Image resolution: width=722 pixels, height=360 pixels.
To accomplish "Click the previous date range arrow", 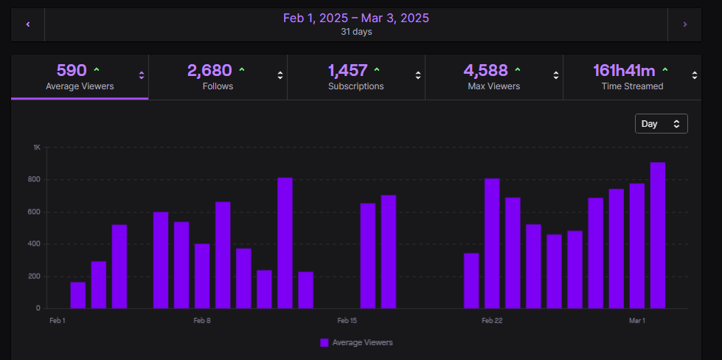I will [28, 24].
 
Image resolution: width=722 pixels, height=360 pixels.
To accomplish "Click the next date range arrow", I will [684, 24].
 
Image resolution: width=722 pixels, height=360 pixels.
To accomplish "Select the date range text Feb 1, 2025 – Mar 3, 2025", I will [356, 18].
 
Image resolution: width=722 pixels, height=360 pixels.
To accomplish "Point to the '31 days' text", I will [356, 32].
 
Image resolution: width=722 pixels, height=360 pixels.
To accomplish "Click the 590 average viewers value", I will [72, 71].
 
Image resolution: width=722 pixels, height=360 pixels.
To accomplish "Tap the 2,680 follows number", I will [209, 71].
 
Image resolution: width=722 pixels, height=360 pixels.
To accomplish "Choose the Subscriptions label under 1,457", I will [355, 86].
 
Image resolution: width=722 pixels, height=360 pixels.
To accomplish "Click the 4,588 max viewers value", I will [485, 71].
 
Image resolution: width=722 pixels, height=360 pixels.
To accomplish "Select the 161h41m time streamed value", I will [624, 71].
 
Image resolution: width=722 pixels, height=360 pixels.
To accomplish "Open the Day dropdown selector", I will [661, 124].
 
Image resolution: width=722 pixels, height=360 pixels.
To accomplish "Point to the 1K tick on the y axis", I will [37, 148].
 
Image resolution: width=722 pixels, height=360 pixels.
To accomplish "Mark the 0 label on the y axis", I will [38, 308].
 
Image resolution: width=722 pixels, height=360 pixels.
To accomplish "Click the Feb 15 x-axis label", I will [347, 321].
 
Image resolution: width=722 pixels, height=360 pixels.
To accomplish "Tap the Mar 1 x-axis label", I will [636, 321].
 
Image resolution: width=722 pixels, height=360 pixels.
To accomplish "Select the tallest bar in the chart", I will [658, 236].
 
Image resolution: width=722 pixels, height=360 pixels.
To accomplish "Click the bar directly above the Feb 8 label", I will [202, 277].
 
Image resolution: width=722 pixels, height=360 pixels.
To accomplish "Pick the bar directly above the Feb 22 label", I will [492, 243].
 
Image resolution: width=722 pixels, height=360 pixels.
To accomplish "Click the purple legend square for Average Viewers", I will [324, 342].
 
